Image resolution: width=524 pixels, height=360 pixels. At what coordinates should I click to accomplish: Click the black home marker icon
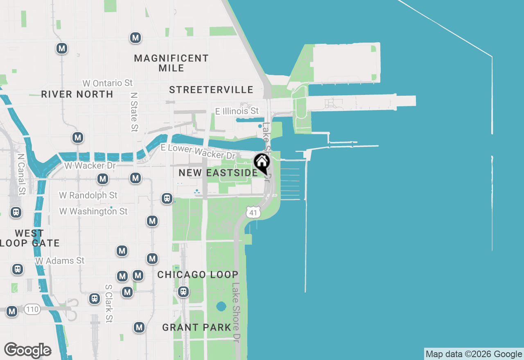pos(262,163)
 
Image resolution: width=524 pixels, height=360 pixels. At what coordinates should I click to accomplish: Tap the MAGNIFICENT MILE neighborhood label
pos(171,63)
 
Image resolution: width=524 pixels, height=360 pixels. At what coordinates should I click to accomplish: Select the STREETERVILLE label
pos(211,90)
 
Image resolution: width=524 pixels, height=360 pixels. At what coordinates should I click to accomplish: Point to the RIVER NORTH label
pos(77,94)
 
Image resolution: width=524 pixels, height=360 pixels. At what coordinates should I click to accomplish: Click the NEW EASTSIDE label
pos(218,173)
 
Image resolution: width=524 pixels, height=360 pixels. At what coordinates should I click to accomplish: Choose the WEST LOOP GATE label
pos(29,238)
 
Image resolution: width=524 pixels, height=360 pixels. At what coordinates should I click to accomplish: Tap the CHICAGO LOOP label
pos(198,274)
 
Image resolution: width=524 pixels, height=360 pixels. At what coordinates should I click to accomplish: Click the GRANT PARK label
pos(197,327)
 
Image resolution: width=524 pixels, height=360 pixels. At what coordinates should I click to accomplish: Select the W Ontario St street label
pos(108,83)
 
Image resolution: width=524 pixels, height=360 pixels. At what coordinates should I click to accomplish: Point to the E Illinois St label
pos(237,111)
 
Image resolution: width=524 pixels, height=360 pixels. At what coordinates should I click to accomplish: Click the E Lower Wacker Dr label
pos(198,151)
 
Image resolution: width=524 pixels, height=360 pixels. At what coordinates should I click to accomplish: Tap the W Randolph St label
pos(88,195)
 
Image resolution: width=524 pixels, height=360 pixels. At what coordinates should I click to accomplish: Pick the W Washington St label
pos(93,211)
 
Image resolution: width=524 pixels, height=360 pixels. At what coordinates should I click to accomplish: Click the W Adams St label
pos(60,261)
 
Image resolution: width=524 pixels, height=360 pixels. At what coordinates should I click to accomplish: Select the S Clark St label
pos(108,304)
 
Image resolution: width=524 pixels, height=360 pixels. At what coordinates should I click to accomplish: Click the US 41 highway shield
pos(253,212)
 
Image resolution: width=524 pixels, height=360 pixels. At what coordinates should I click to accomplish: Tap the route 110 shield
pos(32,309)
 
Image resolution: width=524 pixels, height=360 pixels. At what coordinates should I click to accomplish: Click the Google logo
pos(27,351)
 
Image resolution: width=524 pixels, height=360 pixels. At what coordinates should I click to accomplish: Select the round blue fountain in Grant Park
pos(221,306)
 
